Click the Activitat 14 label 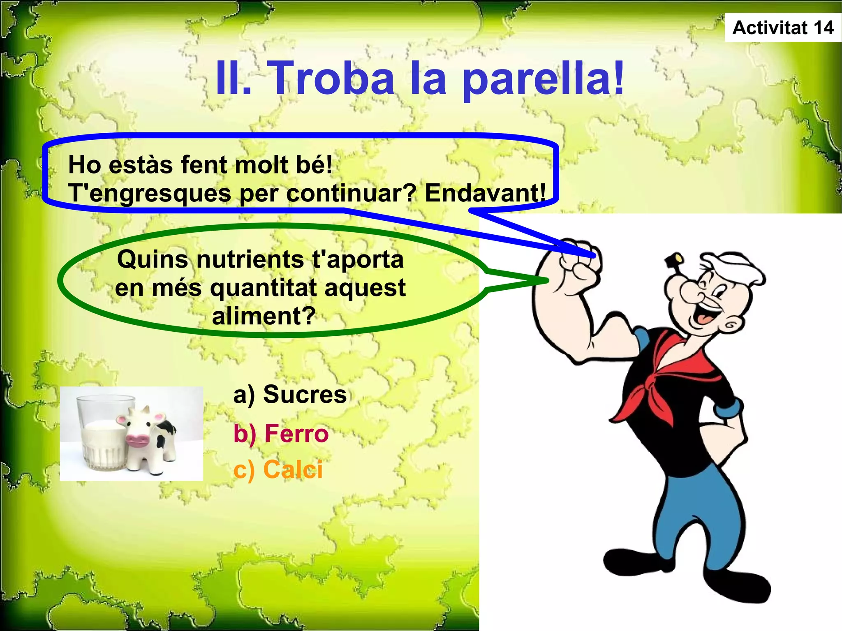tap(783, 28)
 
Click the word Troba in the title tap(333, 78)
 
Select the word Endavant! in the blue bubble tap(485, 193)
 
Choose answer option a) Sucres tap(290, 394)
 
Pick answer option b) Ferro tap(281, 433)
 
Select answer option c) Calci tap(278, 469)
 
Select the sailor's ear tap(730, 325)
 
